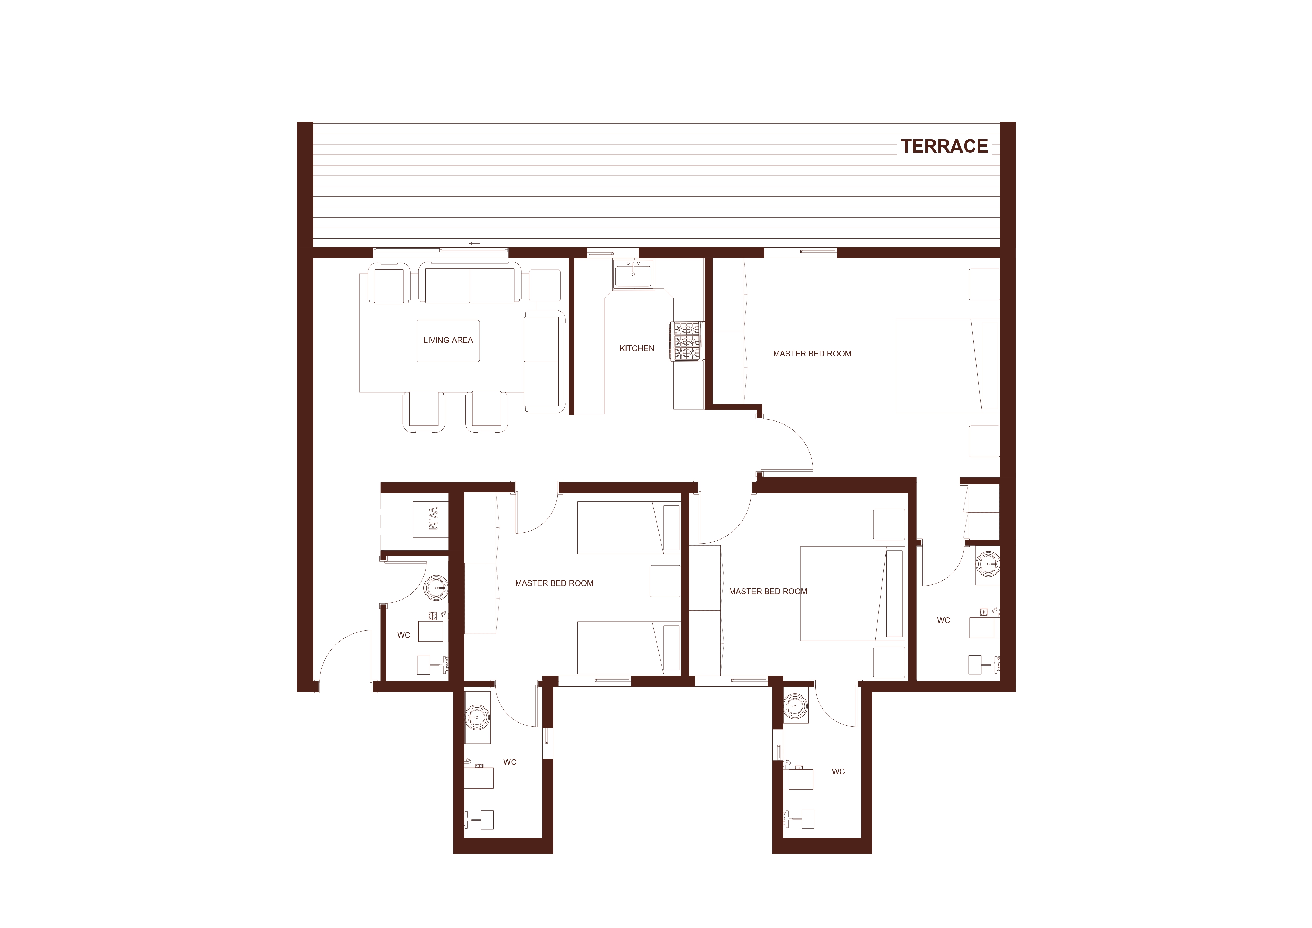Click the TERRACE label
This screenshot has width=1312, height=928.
pyautogui.click(x=944, y=146)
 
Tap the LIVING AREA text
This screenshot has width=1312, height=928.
pyautogui.click(x=448, y=340)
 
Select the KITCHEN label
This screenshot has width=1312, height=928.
pyautogui.click(x=637, y=348)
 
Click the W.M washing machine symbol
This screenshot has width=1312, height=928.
pyautogui.click(x=432, y=519)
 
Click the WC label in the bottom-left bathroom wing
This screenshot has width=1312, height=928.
pyautogui.click(x=510, y=762)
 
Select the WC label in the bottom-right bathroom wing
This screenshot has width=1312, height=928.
pyautogui.click(x=838, y=772)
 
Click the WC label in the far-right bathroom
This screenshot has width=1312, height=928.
pyautogui.click(x=943, y=620)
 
